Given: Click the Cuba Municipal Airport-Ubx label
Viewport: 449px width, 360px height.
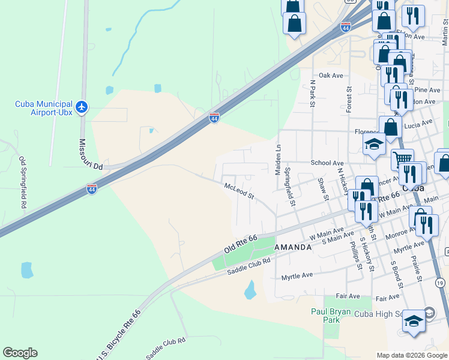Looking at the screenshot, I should tap(44, 108).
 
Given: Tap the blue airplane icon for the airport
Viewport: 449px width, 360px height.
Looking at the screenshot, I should tap(82, 108).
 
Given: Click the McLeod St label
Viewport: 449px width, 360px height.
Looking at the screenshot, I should tap(240, 192).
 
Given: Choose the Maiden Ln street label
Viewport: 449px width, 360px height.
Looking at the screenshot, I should tap(278, 159).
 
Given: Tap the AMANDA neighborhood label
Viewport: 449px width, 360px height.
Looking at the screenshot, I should tap(293, 247).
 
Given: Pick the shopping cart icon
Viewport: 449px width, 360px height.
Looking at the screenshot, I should tap(402, 159).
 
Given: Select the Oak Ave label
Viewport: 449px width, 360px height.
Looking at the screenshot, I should tap(331, 76).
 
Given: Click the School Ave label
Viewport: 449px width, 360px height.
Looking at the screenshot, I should tap(327, 163).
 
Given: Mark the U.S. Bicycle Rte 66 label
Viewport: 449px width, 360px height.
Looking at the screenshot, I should tap(118, 336).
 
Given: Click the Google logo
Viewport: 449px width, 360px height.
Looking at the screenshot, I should tap(20, 353).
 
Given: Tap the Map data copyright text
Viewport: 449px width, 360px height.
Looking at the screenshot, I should tap(412, 355).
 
